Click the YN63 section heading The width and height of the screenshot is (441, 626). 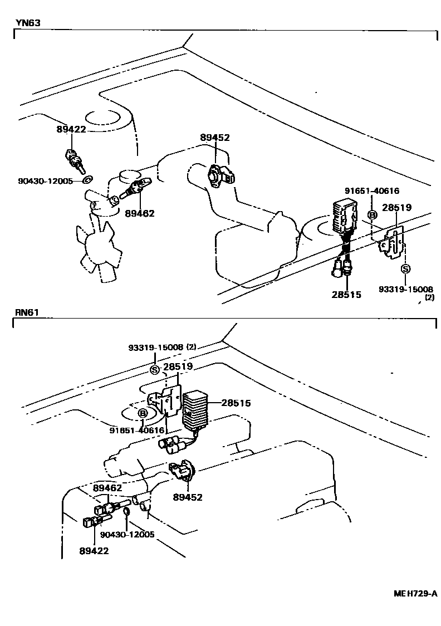coord(28,23)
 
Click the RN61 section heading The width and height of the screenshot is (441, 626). coord(27,312)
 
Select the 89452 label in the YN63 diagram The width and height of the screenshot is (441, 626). coord(214,138)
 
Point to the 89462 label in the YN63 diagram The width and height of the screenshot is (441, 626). coord(140,213)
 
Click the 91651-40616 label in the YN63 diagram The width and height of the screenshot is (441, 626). coord(371,191)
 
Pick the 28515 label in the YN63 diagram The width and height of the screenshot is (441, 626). coord(346,295)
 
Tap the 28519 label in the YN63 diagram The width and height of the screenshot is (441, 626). coord(396,208)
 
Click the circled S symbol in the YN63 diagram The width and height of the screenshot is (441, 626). coord(405,269)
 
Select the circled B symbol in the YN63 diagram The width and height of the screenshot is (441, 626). coord(371,216)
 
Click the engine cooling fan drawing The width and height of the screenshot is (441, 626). coord(100,245)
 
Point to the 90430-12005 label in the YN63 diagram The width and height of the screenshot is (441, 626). coord(46,180)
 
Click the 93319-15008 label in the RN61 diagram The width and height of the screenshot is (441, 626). coord(155,347)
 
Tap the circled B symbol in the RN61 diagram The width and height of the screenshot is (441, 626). coord(143,413)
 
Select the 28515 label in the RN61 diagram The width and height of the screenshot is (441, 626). coord(236,403)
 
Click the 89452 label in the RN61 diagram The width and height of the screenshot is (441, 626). coord(188,497)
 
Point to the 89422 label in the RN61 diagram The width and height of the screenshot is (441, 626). coord(94,551)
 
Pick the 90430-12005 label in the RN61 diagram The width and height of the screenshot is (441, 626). coord(128,535)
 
